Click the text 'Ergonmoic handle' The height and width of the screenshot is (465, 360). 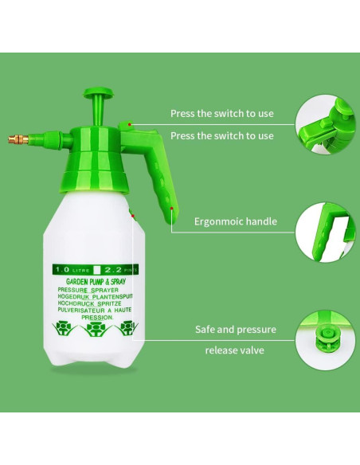click(236, 221)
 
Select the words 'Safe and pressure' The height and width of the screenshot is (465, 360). click(236, 329)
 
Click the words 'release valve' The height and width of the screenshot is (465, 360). click(235, 350)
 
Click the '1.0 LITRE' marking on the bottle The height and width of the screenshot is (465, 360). click(70, 270)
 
